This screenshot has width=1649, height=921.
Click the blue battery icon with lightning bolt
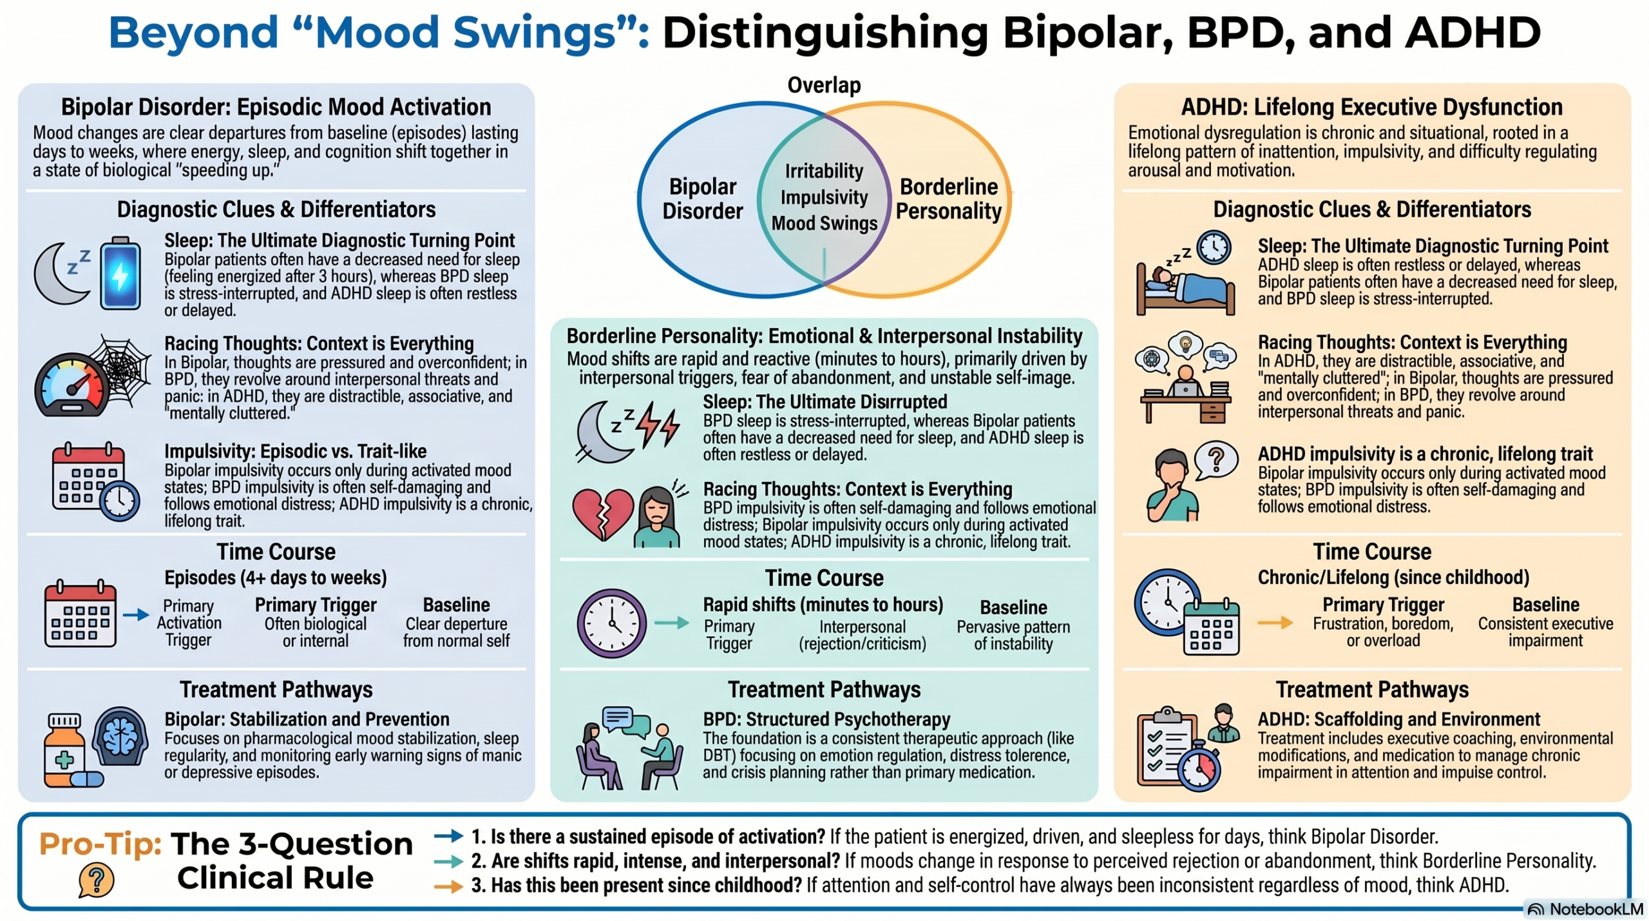tap(120, 273)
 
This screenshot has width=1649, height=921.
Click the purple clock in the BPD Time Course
tap(612, 623)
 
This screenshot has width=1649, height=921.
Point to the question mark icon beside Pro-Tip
tap(97, 880)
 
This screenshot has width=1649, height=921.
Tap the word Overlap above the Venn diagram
tap(824, 85)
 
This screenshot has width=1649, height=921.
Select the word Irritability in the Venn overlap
tap(824, 171)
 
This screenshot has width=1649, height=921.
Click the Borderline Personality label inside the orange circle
tap(949, 199)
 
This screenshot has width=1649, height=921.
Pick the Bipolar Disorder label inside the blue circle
tap(703, 199)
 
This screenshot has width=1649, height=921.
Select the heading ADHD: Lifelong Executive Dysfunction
tap(1372, 107)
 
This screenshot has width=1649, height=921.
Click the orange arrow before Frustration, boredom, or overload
tap(1275, 623)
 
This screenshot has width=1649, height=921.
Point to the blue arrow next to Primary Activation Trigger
tap(136, 615)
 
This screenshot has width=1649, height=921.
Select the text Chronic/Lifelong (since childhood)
tap(1393, 577)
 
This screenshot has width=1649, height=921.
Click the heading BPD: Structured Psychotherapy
tap(826, 719)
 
